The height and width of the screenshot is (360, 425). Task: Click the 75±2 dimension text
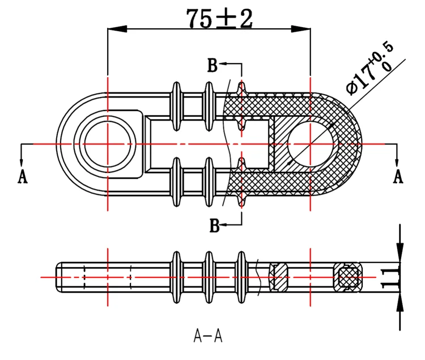[219, 18]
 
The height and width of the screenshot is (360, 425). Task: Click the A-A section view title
[208, 336]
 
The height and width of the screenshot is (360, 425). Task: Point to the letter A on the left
[23, 176]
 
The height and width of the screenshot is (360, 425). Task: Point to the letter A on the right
[398, 176]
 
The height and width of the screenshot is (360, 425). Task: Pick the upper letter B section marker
[212, 66]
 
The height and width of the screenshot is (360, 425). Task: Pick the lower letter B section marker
[215, 226]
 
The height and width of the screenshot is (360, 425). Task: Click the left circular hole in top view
[107, 145]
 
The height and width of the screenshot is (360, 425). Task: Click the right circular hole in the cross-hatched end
[311, 144]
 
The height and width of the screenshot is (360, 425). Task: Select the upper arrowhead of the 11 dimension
[401, 252]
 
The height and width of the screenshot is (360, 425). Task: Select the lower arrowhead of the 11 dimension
[401, 301]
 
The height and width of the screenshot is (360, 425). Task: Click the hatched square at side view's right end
[347, 277]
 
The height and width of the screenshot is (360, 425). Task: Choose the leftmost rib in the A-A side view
[177, 277]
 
